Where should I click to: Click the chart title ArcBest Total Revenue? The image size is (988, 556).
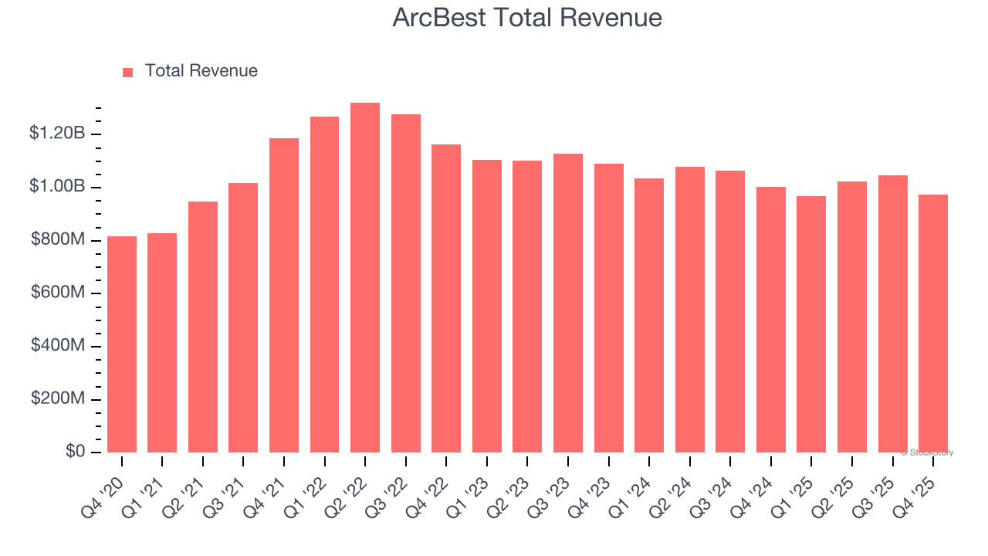coord(527,18)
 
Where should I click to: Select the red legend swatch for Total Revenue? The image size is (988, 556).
coord(128,72)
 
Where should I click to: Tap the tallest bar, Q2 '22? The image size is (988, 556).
coord(365,278)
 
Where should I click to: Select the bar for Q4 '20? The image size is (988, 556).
coord(122,344)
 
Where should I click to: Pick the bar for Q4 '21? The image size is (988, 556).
coord(284,295)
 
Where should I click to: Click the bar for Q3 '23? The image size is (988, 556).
coord(568,303)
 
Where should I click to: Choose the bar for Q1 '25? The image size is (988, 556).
coord(811,324)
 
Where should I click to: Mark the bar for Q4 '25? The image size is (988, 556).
coord(933,324)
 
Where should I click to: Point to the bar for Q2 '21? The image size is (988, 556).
coord(203,327)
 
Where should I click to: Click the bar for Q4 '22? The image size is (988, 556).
coord(446,298)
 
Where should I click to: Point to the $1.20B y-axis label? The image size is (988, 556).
coord(57,134)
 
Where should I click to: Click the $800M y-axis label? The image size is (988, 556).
coord(58,240)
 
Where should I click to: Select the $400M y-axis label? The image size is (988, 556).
coord(58,346)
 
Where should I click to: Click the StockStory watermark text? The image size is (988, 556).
coord(927,453)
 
